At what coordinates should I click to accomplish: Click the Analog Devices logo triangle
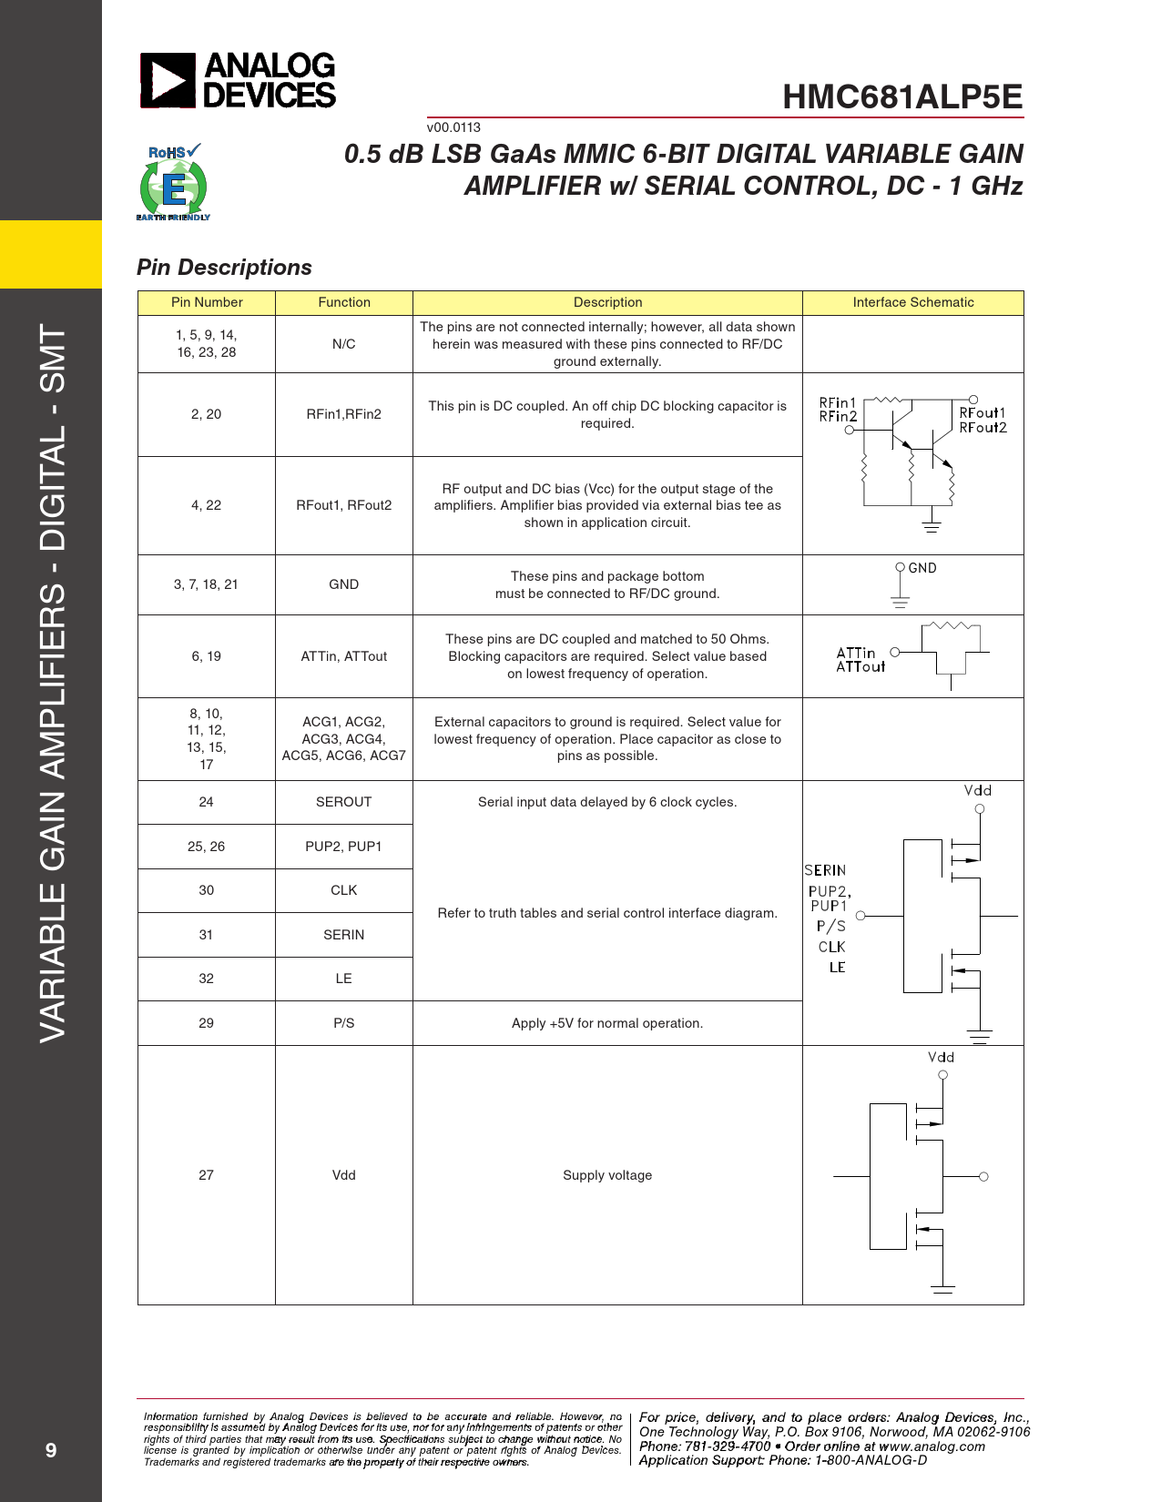[x=168, y=80]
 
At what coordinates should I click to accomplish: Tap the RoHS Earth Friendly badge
[x=173, y=182]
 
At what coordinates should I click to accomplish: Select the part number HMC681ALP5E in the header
[x=902, y=97]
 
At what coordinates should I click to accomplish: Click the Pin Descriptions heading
[x=224, y=268]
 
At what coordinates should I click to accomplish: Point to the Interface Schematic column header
[x=912, y=302]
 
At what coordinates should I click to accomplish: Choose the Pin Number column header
[x=207, y=302]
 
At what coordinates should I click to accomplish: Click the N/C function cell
[x=343, y=344]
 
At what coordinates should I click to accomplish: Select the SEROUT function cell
[x=343, y=802]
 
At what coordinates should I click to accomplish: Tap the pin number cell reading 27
[x=206, y=1175]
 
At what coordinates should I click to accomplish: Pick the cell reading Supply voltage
[x=607, y=1175]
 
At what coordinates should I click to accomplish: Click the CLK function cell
[x=343, y=890]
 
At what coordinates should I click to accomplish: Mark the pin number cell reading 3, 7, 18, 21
[x=206, y=584]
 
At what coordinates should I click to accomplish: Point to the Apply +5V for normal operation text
[x=607, y=1023]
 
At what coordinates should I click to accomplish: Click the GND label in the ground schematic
[x=922, y=568]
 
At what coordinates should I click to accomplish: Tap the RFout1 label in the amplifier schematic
[x=983, y=413]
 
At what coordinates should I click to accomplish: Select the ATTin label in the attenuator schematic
[x=856, y=653]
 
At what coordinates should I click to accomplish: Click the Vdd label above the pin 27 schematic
[x=941, y=1057]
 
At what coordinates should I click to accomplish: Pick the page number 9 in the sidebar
[x=51, y=1450]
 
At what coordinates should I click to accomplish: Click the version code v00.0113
[x=453, y=127]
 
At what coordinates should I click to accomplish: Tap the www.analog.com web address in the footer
[x=932, y=1446]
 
